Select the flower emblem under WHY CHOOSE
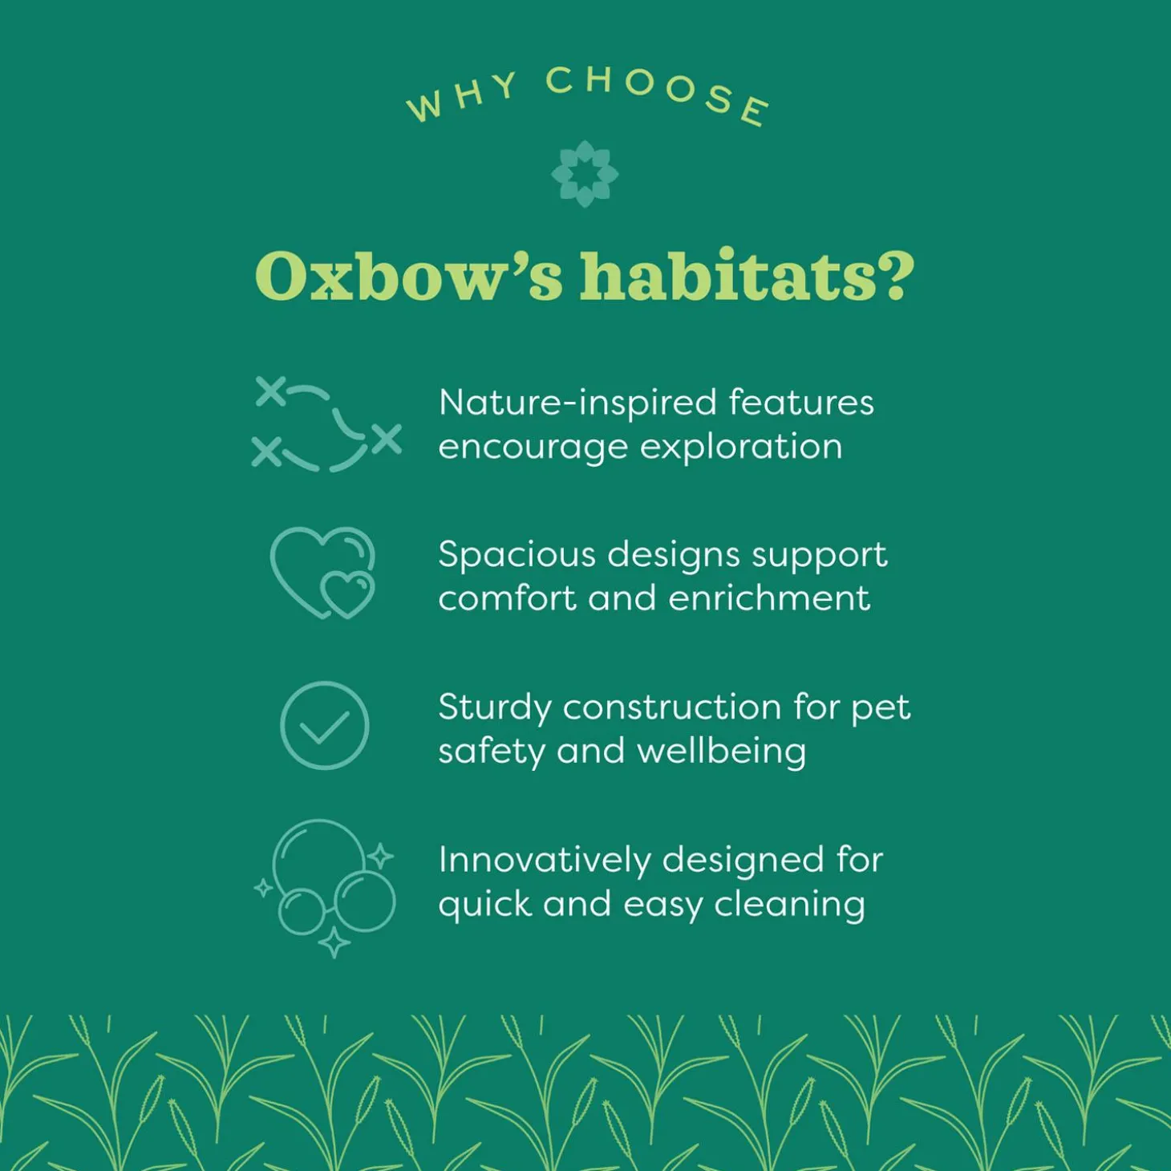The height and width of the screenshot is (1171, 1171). tap(585, 174)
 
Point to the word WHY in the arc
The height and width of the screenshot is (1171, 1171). tap(461, 96)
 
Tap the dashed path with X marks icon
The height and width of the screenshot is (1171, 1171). tap(327, 424)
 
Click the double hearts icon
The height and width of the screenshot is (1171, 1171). tap(322, 573)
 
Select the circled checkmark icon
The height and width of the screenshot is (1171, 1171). tap(325, 725)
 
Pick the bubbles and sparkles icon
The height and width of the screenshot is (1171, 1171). tap(325, 889)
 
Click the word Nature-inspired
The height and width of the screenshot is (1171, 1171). tap(577, 403)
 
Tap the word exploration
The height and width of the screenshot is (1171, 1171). tap(741, 448)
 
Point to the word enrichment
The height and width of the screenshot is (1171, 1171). tap(768, 598)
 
